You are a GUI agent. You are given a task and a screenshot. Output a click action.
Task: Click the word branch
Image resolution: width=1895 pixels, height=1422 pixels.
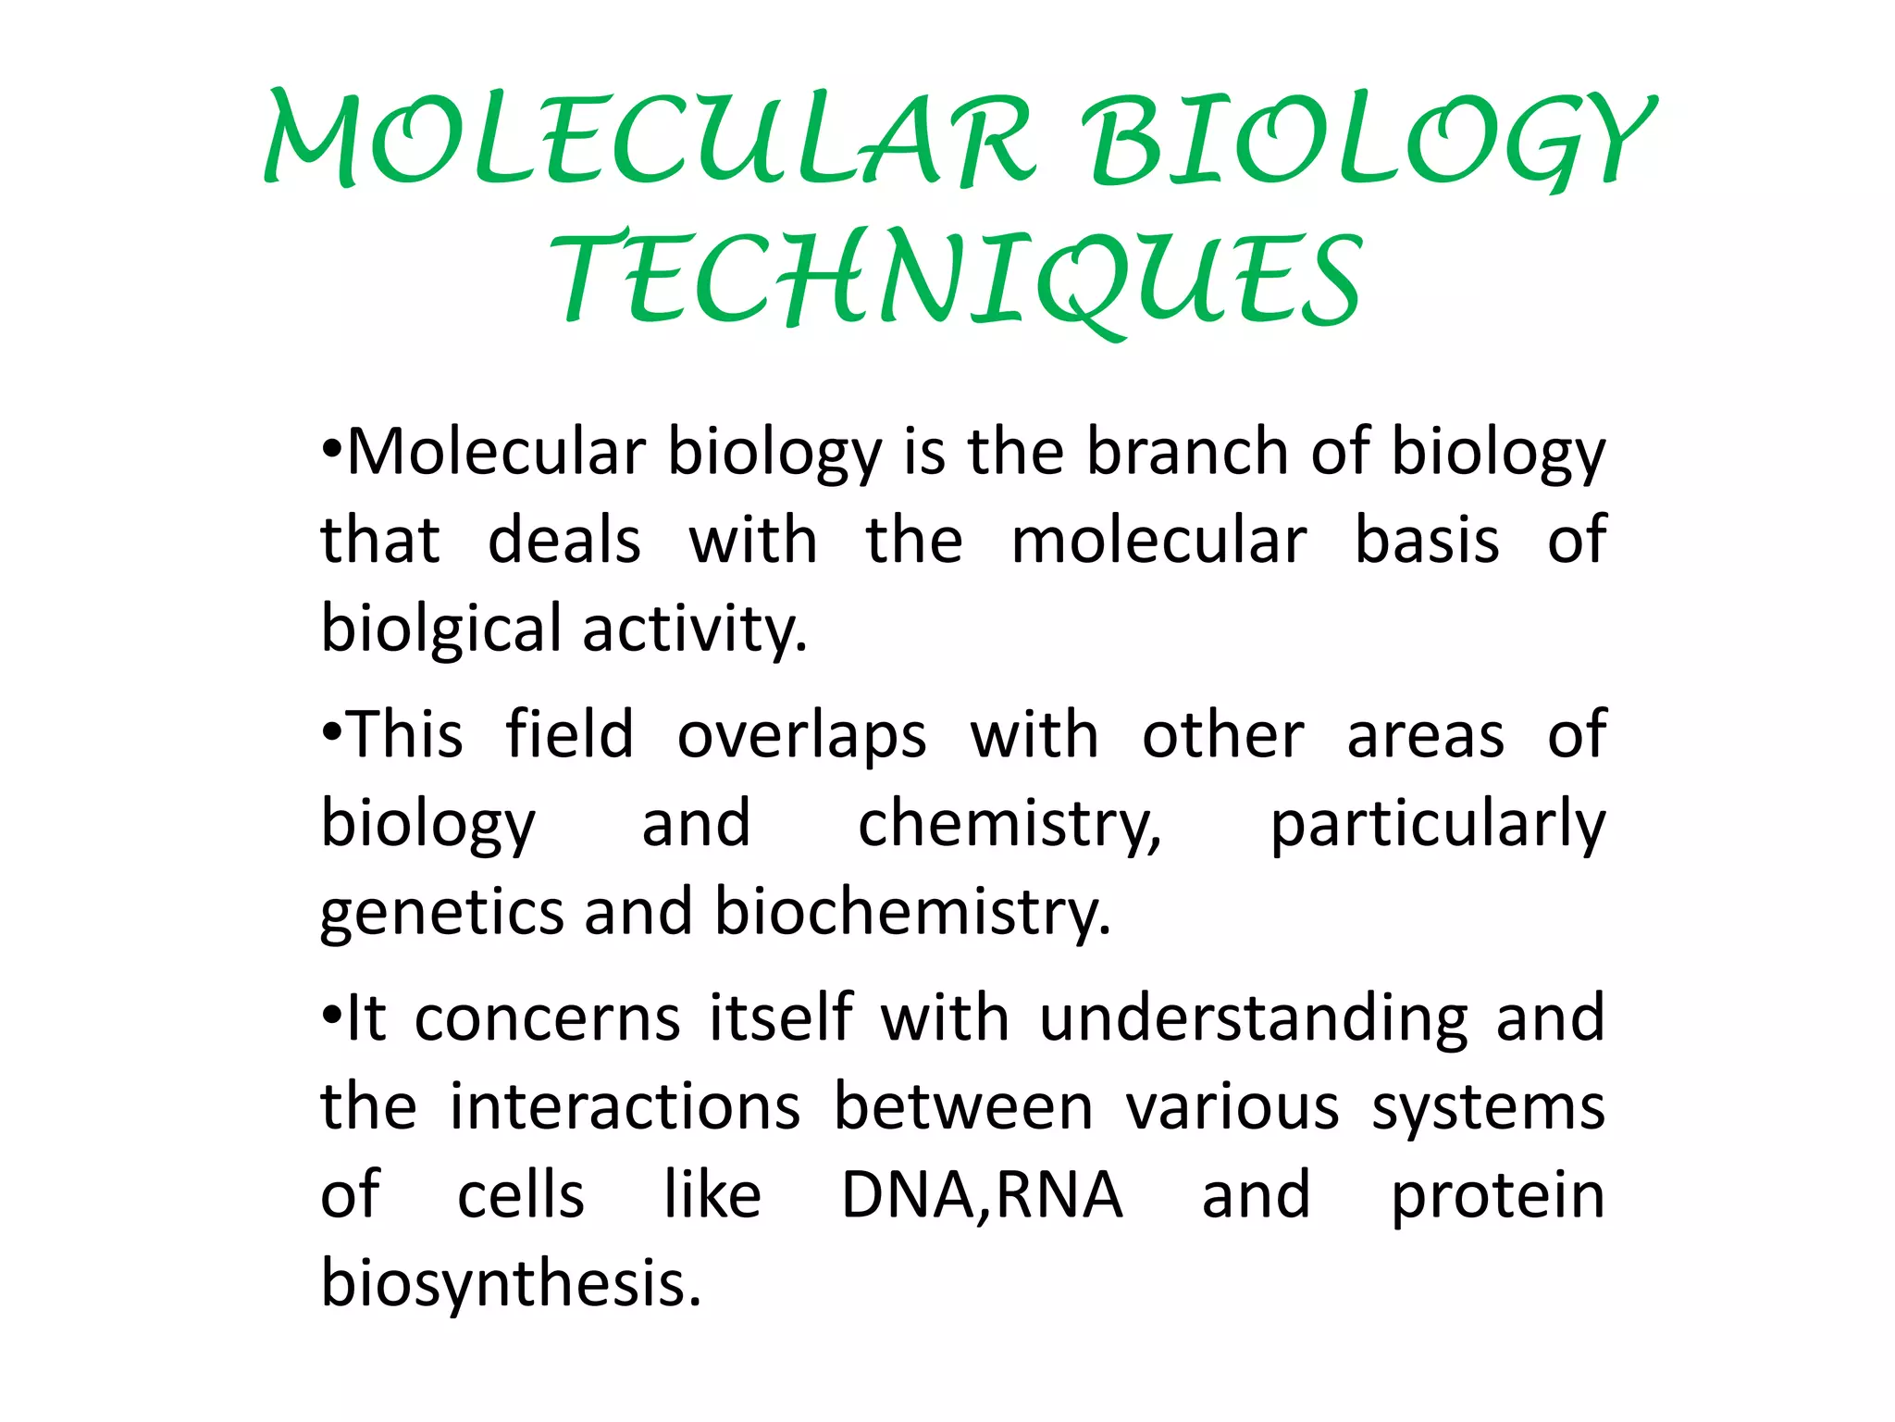[1188, 453]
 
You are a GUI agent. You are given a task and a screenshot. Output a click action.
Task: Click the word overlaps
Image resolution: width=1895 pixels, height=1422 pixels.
[801, 736]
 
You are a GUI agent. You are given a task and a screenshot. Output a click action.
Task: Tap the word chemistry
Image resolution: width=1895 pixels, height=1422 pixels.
[1009, 824]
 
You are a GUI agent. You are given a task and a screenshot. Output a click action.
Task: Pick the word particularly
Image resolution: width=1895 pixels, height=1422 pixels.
[1437, 824]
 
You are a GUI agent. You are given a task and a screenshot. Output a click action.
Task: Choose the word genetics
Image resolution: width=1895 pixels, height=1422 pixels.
[441, 913]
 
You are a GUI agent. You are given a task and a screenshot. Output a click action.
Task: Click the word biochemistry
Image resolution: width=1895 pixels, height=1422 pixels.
[911, 913]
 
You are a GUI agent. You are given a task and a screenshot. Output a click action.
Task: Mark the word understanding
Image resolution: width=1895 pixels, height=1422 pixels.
[1253, 1019]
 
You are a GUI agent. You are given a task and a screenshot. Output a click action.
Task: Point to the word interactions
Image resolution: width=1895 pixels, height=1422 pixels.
[625, 1107]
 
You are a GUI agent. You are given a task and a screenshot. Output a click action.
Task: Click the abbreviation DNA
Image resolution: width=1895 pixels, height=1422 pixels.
[906, 1195]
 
